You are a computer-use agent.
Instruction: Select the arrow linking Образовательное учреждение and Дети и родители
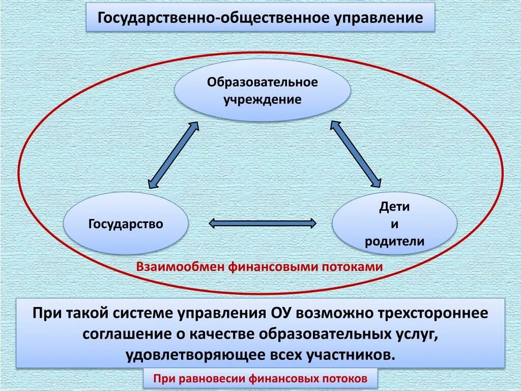tap(356, 154)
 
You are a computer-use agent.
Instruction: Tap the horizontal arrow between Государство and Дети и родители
tap(263, 223)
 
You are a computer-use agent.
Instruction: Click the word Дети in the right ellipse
tap(394, 207)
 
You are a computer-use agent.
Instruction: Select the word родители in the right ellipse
tap(394, 241)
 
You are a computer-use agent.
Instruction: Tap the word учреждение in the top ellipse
tap(263, 99)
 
